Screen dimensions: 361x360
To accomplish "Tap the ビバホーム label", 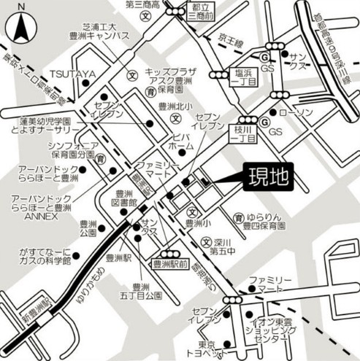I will click(x=183, y=141).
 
